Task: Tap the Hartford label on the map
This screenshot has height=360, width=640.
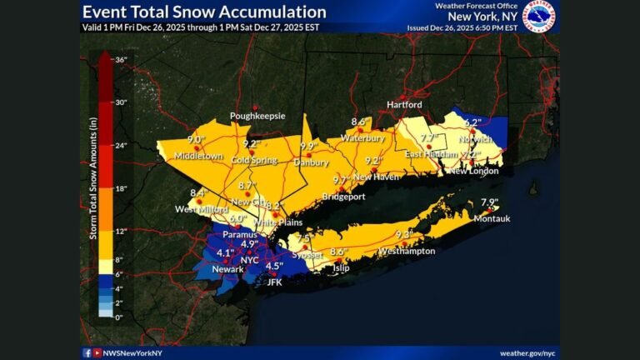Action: tap(404, 105)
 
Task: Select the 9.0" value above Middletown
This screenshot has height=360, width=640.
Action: tap(197, 140)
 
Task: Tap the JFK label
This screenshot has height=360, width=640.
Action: tap(274, 282)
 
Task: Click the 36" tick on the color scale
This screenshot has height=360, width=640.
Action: tap(120, 59)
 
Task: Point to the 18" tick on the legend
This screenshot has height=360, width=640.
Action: tap(120, 188)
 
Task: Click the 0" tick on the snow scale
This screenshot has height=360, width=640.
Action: tap(118, 317)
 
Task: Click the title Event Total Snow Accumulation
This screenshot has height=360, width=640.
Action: tap(204, 12)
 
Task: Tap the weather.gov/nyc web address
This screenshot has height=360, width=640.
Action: tap(527, 352)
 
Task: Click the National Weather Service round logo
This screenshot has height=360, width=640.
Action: tap(539, 17)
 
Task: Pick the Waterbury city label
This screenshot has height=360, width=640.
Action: tap(362, 137)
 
